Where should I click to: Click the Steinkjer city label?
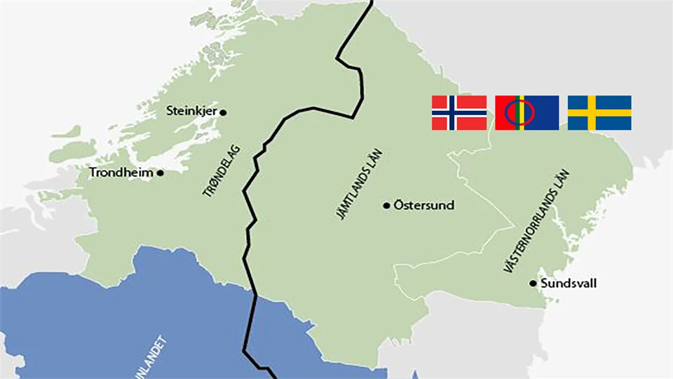coord(191,111)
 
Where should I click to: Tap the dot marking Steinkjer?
coord(223,112)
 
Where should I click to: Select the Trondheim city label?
coord(121,173)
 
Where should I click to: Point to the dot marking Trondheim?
coord(160,173)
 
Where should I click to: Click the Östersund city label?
coord(423,206)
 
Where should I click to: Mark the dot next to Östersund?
coord(386,206)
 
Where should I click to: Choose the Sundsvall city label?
coord(569,284)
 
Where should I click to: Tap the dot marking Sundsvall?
coord(533,284)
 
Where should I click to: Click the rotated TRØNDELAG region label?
coord(222,168)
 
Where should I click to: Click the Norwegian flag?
coord(459,113)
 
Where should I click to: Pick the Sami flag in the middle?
coord(526,113)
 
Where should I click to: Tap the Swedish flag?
coord(599,113)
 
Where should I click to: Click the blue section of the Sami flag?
coord(543,113)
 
